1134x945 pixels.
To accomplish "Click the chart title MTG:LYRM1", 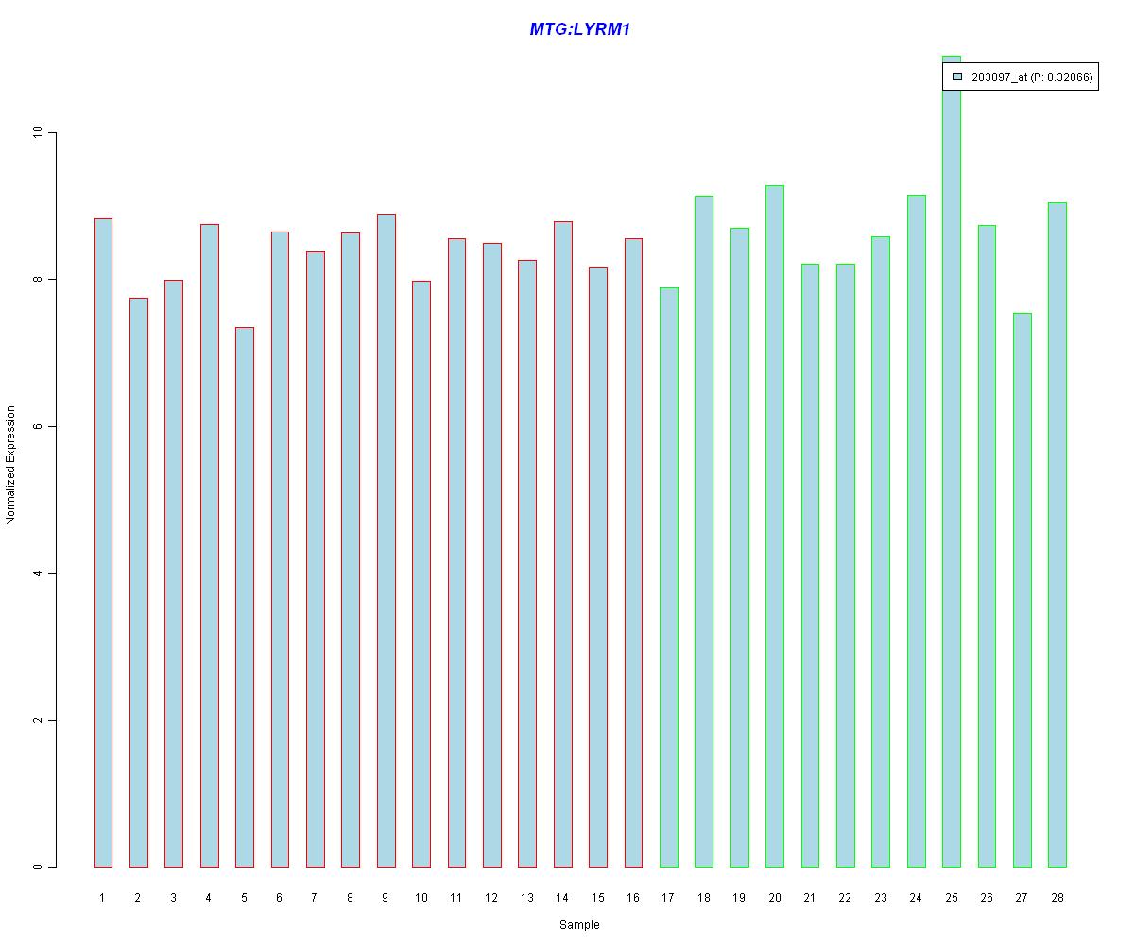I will coord(579,29).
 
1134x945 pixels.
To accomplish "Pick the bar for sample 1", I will coord(103,542).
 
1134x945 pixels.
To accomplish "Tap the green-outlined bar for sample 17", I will coord(668,576).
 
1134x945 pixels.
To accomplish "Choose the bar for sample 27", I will coord(1022,590).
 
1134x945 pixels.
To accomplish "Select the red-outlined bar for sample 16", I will coord(633,552).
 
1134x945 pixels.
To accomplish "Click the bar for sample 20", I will coord(775,525).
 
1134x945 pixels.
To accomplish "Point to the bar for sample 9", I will coord(386,540).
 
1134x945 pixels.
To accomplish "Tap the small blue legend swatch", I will coord(957,77).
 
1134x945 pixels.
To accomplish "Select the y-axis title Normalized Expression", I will coord(11,465).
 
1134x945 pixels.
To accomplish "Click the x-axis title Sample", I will coord(579,925).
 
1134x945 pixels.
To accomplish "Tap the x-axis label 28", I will coord(1057,897).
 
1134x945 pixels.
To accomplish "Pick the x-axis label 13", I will coord(526,897).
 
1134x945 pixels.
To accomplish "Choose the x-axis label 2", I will coord(138,897).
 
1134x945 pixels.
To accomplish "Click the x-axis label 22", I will coord(845,897).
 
